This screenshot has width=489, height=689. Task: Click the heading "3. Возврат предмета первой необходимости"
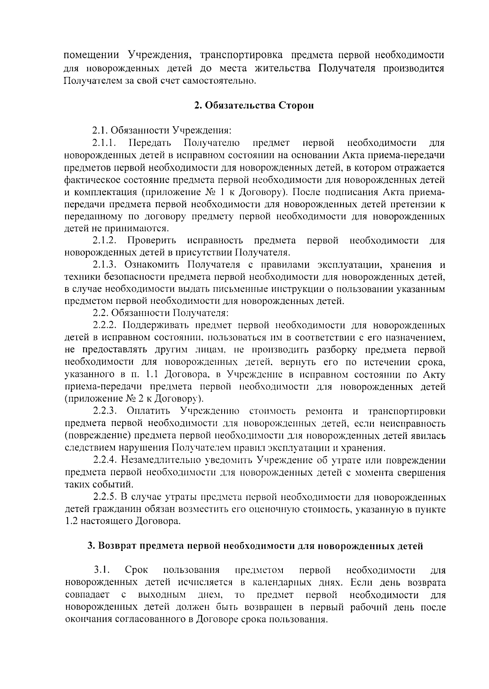[256, 546]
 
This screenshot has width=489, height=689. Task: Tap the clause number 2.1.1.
[105, 143]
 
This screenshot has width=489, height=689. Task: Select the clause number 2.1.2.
[106, 241]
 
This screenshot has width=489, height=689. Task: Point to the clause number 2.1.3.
[106, 265]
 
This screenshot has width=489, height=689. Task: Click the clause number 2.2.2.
[106, 325]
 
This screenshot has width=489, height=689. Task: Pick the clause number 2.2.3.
[106, 411]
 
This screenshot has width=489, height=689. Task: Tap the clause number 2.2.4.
[106, 461]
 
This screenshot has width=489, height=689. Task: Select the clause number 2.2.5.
[106, 497]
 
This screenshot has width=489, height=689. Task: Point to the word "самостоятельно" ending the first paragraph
[220, 81]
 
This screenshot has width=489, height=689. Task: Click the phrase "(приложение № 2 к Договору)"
[134, 399]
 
